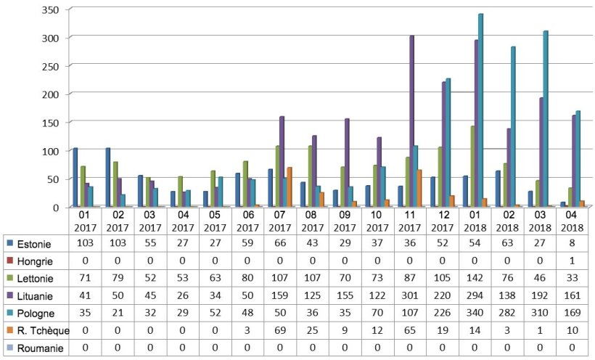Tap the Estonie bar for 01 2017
pyautogui.click(x=75, y=177)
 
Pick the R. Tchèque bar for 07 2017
pyautogui.click(x=290, y=187)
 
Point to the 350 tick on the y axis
pyautogui.click(x=53, y=9)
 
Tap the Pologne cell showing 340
pyautogui.click(x=472, y=312)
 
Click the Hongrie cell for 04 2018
pyautogui.click(x=571, y=260)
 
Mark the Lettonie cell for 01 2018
pyautogui.click(x=472, y=277)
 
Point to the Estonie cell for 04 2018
pyautogui.click(x=571, y=242)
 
